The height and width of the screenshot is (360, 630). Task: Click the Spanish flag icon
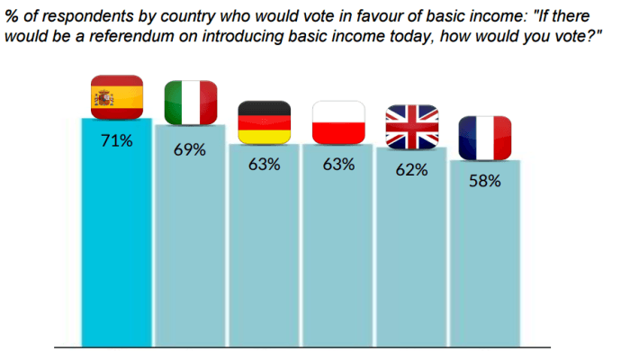(117, 97)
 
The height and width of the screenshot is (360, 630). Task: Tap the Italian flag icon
(191, 103)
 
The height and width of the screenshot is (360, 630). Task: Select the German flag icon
(265, 122)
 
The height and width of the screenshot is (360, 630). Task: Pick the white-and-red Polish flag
(338, 122)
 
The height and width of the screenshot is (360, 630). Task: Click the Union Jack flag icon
(412, 127)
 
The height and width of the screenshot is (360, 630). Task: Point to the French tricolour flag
(485, 138)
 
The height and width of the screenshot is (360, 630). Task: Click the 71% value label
(116, 141)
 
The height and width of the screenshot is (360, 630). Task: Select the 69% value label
(190, 150)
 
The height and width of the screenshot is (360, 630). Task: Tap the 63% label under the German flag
(264, 165)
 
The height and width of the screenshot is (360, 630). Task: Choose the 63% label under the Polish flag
(338, 165)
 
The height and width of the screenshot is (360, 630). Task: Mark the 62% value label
(411, 170)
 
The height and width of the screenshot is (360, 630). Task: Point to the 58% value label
(485, 181)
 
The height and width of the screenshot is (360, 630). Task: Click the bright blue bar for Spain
(116, 232)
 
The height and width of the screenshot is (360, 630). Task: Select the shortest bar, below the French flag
(485, 254)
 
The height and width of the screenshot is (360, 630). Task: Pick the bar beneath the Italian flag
(190, 236)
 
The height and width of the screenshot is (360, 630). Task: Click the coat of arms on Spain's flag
(104, 98)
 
